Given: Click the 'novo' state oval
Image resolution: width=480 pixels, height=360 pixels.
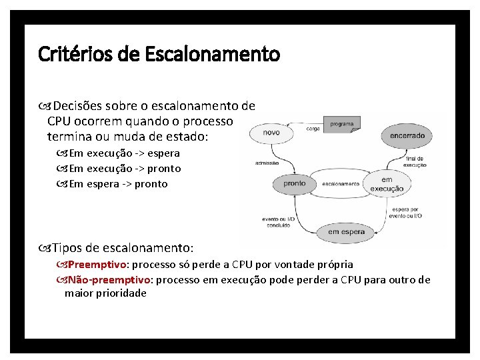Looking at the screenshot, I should (271, 133).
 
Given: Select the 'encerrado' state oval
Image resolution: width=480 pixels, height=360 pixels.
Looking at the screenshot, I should (407, 135).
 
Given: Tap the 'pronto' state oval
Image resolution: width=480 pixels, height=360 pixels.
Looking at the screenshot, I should (294, 183).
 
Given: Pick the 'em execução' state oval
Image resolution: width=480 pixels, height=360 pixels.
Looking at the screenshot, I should (387, 184).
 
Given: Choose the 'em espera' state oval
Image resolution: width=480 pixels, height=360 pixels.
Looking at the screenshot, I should (347, 232).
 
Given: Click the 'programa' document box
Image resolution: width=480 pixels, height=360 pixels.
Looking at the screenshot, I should (341, 124).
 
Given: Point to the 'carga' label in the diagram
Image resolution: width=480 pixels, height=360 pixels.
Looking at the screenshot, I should (313, 129).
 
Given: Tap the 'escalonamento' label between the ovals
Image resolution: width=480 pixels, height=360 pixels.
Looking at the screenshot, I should (341, 184).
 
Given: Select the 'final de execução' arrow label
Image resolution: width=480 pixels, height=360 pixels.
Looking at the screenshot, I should (415, 161).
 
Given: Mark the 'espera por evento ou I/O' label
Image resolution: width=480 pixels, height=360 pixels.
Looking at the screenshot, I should (407, 212).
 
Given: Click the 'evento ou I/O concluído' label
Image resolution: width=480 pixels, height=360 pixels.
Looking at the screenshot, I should (279, 221).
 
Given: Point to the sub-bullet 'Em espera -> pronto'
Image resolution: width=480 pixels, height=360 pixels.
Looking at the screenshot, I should (118, 184).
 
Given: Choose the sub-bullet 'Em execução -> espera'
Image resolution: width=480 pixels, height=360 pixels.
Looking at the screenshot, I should (124, 153).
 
